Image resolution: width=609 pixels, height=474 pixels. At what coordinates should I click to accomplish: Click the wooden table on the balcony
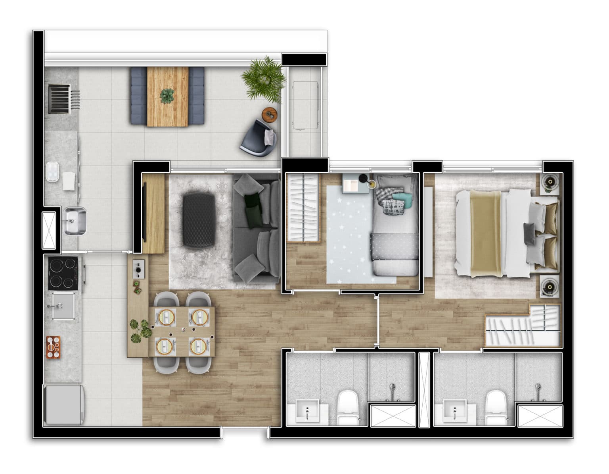coord(167,96)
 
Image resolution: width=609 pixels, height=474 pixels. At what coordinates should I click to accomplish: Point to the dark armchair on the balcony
coord(259,137)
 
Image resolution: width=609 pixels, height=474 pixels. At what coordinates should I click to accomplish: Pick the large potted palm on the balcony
coord(263,78)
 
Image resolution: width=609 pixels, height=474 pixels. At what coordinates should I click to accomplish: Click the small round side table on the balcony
coord(271,114)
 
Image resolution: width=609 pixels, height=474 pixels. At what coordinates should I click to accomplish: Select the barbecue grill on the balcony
coord(59,98)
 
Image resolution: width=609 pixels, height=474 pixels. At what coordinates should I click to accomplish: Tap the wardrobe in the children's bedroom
coord(303,208)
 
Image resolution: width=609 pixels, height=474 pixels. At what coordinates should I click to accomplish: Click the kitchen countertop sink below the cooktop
coord(63,306)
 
